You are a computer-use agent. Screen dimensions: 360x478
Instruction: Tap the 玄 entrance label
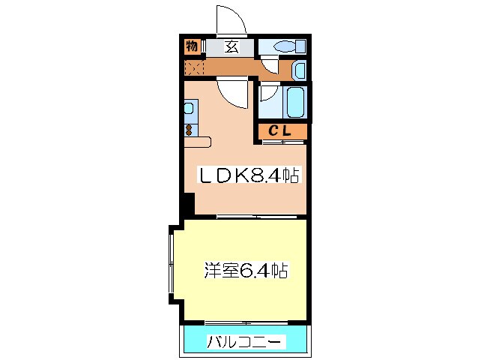click(x=231, y=46)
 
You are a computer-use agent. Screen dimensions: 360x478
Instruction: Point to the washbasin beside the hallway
click(x=299, y=71)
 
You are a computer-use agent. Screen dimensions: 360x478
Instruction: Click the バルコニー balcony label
click(x=245, y=343)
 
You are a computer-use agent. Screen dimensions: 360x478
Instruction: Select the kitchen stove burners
click(x=189, y=129)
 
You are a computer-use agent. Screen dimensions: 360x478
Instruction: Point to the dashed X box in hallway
click(x=193, y=67)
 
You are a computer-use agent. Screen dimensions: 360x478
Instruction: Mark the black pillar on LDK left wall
click(x=189, y=203)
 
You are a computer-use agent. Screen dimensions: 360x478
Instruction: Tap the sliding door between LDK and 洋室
click(x=255, y=217)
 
